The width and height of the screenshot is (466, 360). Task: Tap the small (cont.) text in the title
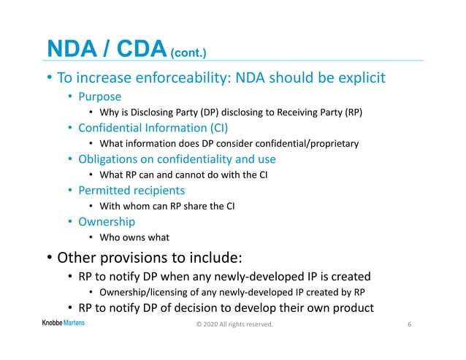[189, 53]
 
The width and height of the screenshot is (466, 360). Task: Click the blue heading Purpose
[101, 96]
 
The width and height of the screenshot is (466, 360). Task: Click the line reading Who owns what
[134, 237]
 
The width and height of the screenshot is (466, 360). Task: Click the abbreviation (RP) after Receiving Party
[351, 112]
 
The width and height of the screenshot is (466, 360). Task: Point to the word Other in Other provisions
[77, 258]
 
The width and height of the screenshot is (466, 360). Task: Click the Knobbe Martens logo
[63, 323]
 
